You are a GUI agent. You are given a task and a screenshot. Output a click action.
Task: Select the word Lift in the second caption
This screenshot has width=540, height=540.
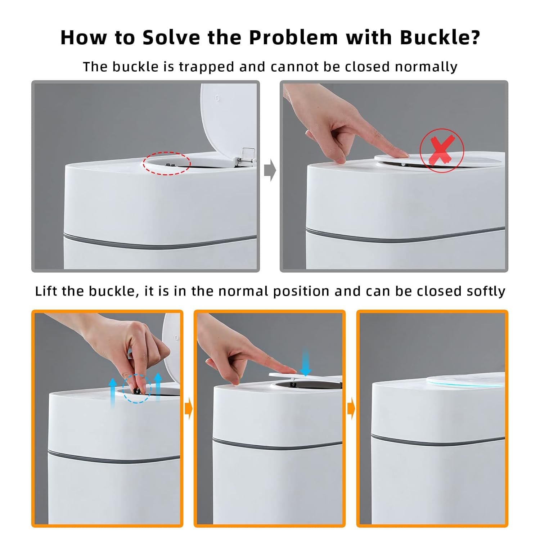(47, 291)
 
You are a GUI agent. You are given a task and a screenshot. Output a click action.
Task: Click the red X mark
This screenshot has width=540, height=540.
(442, 149)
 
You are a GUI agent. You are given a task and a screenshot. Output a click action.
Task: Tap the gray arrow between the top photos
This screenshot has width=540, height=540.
(270, 170)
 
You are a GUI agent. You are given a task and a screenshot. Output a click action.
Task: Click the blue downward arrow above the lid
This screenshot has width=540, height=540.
(306, 362)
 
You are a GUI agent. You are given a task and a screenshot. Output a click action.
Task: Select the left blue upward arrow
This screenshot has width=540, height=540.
(113, 392)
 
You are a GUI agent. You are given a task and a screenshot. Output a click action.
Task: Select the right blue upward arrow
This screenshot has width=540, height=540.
(158, 387)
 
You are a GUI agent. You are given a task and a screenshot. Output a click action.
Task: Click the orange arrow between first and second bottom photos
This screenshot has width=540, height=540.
(189, 409)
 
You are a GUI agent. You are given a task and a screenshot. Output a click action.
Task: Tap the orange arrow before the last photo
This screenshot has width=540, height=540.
(351, 409)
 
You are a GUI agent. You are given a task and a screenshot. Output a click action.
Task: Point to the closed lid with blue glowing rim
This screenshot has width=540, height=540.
(466, 380)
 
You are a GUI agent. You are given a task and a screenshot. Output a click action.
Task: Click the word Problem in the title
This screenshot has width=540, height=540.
(294, 37)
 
